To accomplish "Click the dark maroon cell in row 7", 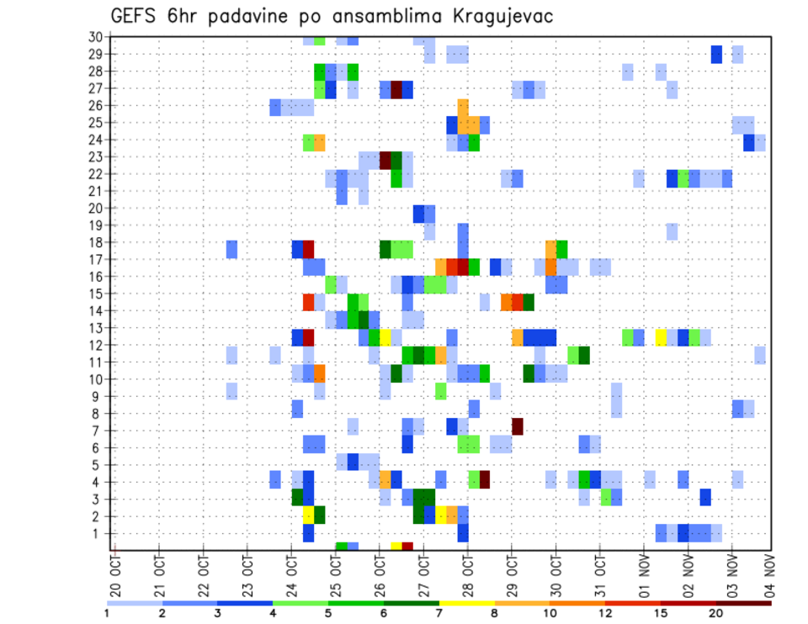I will [x=518, y=426].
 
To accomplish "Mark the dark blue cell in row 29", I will [x=716, y=54].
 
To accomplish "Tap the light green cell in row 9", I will [x=440, y=391].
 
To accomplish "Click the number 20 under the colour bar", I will [x=716, y=613].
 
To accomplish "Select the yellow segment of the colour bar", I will [x=466, y=602].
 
